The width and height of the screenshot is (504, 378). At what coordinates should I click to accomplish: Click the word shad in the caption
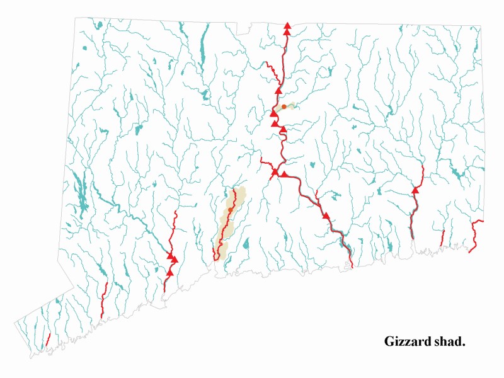coord(450,341)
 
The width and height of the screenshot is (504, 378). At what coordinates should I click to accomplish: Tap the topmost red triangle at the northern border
coord(287,25)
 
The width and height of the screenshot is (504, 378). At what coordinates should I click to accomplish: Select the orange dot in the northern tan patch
coord(283,107)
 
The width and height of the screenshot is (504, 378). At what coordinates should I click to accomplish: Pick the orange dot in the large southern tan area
coord(231,210)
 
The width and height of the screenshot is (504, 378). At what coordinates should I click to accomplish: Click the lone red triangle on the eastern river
coord(415,190)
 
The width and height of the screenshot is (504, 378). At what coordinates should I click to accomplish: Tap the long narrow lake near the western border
coord(80,189)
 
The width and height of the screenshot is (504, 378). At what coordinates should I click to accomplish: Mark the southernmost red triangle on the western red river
coord(169,272)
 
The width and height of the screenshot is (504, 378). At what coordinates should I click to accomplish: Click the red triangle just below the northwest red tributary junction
coord(278,91)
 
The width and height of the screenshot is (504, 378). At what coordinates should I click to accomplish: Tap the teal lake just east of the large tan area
coord(246,244)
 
